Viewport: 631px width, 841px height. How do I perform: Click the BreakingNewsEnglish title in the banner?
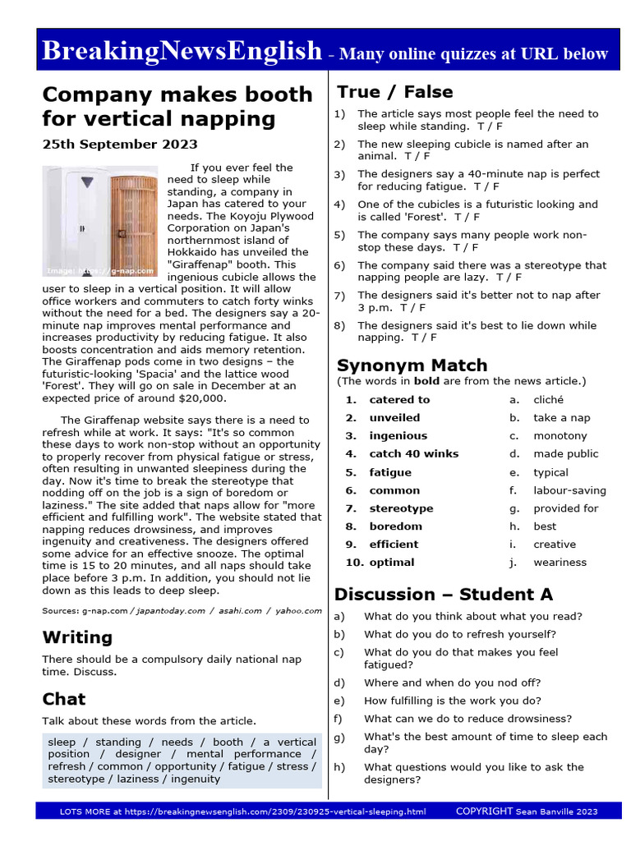point(182,52)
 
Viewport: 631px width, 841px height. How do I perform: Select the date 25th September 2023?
point(120,145)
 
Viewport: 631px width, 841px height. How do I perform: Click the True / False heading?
point(395,92)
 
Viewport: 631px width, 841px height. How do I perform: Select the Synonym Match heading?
point(412,365)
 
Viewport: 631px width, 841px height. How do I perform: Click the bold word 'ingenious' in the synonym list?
point(398,436)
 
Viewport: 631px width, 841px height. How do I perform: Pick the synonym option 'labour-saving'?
point(569,490)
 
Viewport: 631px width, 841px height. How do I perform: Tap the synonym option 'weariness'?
point(560,563)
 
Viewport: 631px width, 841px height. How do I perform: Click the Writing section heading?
point(77,637)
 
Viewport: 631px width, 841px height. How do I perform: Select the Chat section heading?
point(64,699)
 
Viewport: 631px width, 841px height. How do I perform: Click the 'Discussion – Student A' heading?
point(444,595)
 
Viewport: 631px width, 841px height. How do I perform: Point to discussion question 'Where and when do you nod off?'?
point(452,682)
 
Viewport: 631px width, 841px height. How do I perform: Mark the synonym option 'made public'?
point(565,454)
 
